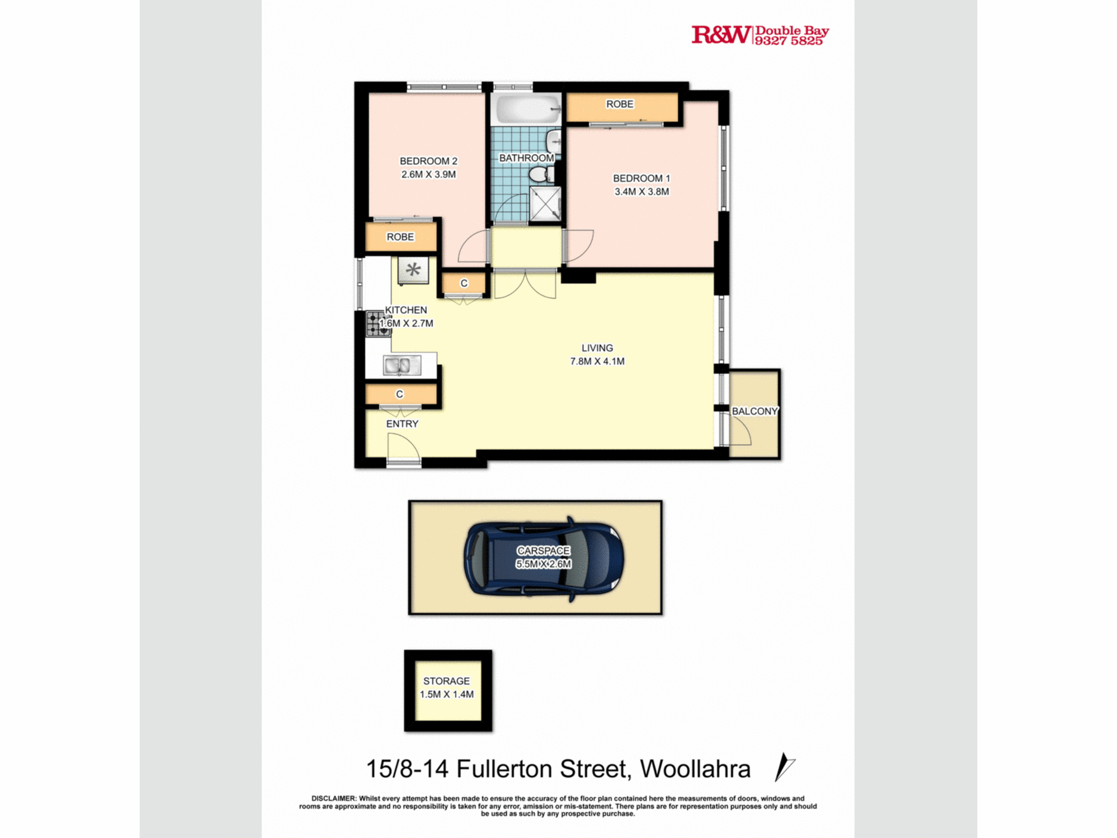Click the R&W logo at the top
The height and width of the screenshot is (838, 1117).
[720, 35]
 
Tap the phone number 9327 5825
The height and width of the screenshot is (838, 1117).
[789, 41]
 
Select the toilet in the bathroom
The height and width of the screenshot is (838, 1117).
[540, 175]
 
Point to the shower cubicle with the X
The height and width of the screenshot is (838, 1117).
[545, 204]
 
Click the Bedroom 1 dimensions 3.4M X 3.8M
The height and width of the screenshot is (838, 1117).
[641, 192]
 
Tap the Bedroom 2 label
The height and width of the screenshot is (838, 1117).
[428, 161]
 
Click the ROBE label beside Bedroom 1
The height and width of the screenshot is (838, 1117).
[619, 104]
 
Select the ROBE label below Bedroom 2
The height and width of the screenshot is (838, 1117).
[400, 237]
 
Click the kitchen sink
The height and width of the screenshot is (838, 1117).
[402, 366]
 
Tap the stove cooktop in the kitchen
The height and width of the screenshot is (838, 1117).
[378, 324]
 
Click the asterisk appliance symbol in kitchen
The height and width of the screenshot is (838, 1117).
[413, 270]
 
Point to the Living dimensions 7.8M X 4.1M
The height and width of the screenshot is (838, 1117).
[597, 361]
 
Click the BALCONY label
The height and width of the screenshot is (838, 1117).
[755, 411]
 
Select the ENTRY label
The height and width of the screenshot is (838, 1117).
[402, 424]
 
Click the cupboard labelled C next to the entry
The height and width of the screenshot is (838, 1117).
[400, 394]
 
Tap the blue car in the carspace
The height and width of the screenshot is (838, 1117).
[544, 558]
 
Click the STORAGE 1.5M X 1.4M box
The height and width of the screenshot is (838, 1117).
[448, 690]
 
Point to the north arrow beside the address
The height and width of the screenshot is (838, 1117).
[784, 767]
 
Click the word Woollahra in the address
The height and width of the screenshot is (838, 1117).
[695, 769]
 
